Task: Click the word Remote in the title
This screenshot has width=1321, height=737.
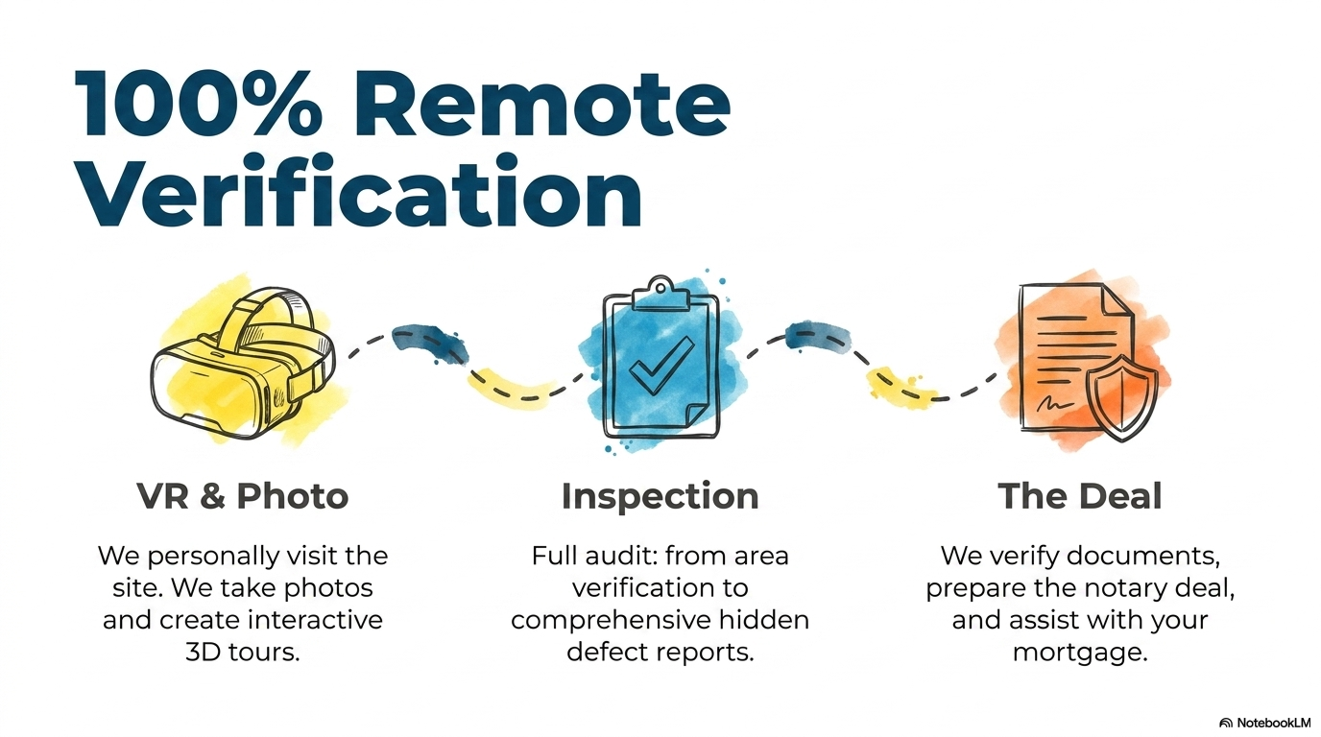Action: click(x=542, y=105)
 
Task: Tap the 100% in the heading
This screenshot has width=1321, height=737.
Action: click(x=198, y=105)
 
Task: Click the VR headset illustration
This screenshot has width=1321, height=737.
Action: click(x=243, y=363)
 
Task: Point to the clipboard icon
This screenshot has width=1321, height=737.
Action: click(x=661, y=358)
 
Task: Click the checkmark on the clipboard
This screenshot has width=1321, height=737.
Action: click(x=660, y=366)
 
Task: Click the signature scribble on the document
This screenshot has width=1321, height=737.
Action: click(x=1054, y=404)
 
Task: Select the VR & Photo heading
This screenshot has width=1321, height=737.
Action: click(x=242, y=496)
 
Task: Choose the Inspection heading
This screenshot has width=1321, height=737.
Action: click(x=660, y=497)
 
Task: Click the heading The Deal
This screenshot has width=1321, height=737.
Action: click(x=1080, y=496)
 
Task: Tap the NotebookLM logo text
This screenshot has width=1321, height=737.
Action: click(x=1273, y=723)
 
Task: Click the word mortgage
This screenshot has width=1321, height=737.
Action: click(x=1080, y=654)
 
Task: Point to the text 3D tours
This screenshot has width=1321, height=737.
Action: click(x=242, y=653)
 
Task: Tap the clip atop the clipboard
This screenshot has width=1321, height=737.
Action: click(x=660, y=294)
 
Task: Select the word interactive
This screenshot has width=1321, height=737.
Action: click(x=316, y=620)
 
